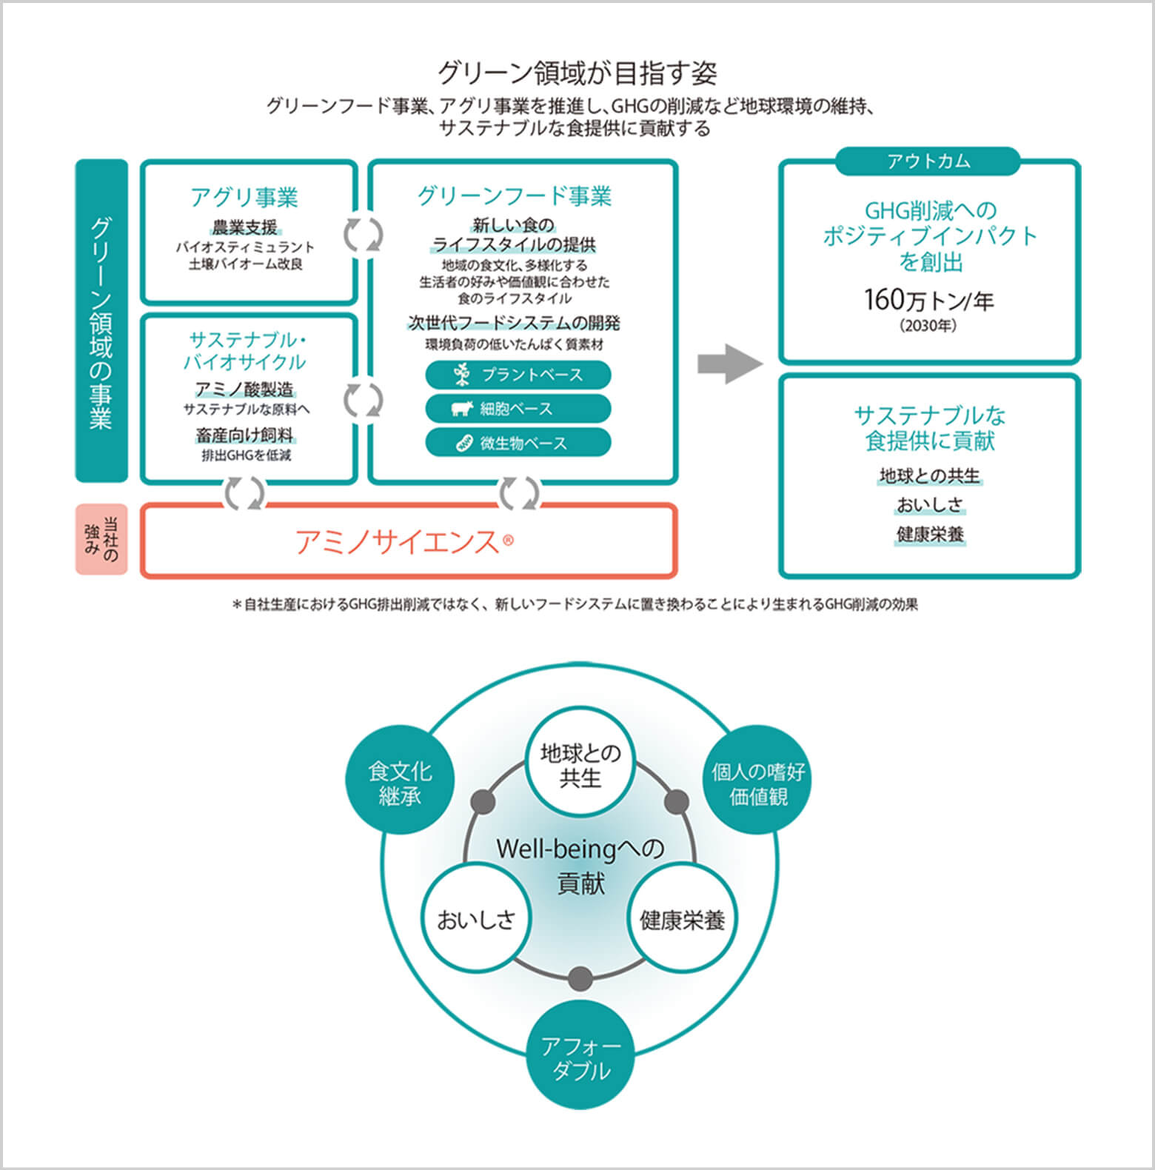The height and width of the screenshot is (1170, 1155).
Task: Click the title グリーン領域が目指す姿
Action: [577, 73]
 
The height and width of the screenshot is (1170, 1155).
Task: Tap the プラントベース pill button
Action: [518, 375]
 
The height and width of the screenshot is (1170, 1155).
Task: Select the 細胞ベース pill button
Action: [518, 409]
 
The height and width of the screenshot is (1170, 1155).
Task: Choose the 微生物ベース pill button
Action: [518, 443]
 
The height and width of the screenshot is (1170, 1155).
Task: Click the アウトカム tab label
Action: [928, 161]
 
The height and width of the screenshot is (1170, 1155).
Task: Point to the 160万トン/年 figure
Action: [928, 300]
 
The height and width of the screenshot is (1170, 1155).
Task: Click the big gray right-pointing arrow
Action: [729, 364]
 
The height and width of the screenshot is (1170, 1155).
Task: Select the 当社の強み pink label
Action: [101, 540]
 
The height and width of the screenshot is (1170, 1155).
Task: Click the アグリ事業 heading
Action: [244, 198]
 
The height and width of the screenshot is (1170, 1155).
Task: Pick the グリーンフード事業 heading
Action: [515, 196]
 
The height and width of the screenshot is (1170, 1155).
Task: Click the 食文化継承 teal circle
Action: [400, 784]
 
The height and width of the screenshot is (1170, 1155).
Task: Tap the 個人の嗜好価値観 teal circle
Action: [758, 784]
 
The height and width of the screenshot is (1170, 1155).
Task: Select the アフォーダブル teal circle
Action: [581, 1058]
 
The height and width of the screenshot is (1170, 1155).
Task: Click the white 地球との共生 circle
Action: [580, 766]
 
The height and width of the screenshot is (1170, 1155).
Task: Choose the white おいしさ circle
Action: [475, 920]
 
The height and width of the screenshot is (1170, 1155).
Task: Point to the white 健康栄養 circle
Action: [682, 920]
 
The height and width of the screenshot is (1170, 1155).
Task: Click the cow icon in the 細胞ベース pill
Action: [463, 409]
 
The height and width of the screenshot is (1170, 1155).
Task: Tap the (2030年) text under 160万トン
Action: [928, 326]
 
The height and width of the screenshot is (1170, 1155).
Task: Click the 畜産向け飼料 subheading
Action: [244, 435]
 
